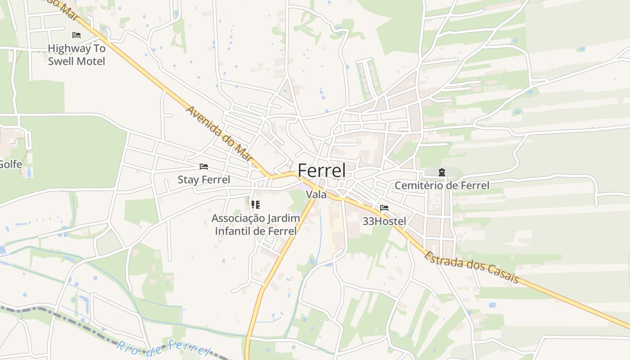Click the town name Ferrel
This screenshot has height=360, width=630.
[322, 171]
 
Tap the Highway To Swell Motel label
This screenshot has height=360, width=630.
[76, 54]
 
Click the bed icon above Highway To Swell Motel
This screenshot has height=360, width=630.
[76, 35]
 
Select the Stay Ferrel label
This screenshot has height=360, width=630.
[204, 180]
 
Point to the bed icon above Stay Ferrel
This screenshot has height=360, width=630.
[204, 166]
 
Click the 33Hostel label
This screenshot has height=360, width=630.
[384, 221]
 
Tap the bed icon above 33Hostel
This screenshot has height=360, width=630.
[384, 208]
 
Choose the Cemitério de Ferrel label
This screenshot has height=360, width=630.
[442, 185]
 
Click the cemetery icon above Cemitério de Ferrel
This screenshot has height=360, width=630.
[442, 172]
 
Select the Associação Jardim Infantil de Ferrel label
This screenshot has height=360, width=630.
[256, 225]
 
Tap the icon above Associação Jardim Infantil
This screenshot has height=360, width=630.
[256, 205]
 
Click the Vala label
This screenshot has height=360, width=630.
[316, 195]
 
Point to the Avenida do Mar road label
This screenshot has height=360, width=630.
[219, 134]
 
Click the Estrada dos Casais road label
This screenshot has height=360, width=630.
[472, 267]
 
